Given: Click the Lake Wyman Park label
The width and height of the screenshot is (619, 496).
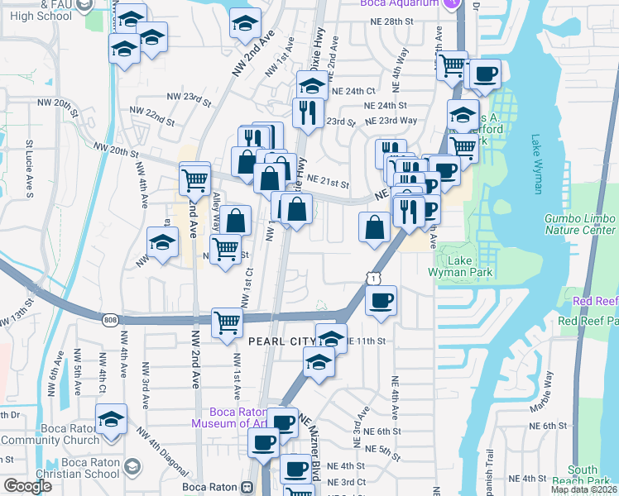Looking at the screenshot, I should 460,265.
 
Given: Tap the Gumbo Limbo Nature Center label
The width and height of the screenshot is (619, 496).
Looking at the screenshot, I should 579,224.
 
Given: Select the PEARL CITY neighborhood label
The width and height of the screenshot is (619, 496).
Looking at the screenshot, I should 282,341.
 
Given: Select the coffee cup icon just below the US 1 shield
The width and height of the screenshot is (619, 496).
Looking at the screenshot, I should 381,301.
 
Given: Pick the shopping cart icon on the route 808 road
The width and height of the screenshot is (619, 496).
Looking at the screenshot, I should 227,322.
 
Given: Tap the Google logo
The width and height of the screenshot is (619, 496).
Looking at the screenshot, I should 27,485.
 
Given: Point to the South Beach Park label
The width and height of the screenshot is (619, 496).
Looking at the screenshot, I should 590,475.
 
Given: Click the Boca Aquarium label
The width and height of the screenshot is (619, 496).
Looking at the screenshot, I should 404,4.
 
